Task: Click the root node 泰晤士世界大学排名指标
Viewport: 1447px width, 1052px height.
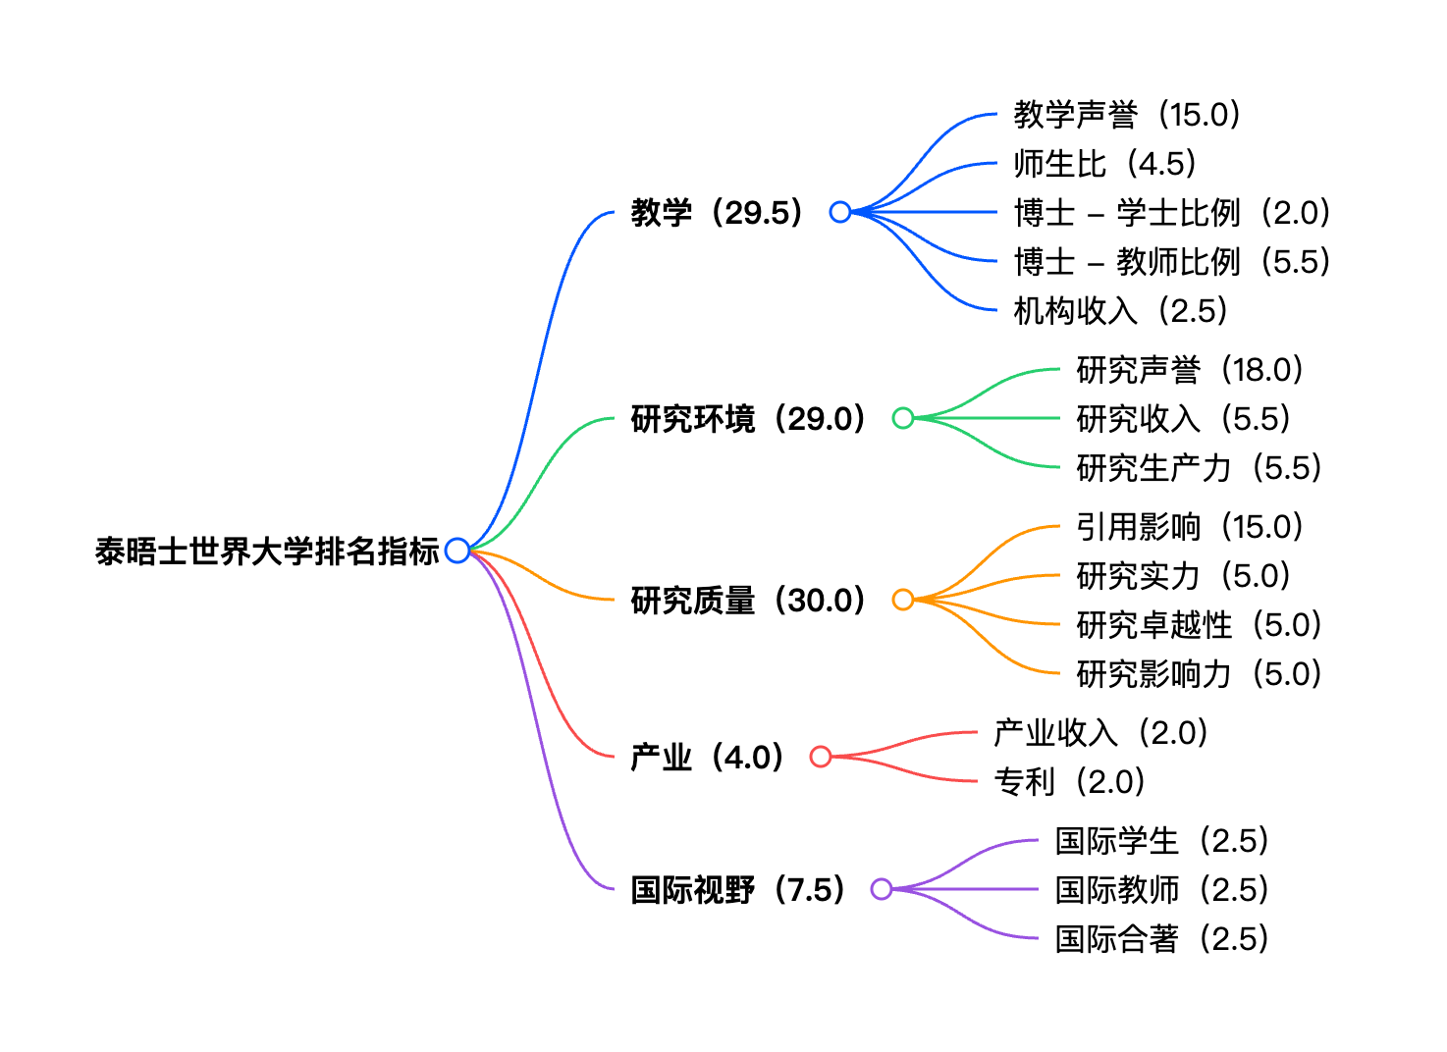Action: coord(267,552)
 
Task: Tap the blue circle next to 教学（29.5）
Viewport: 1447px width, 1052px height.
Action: coord(839,212)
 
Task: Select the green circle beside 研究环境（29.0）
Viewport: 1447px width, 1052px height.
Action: coord(902,418)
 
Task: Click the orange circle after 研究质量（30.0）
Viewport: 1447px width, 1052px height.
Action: coord(902,600)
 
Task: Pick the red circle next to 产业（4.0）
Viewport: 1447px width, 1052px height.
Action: coord(821,757)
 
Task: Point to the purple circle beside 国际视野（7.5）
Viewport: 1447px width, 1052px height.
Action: coord(882,889)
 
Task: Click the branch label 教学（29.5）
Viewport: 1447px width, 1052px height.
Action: coord(718,212)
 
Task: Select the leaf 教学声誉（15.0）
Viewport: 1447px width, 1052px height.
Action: coord(1127,115)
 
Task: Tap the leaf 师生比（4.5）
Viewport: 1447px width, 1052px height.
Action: coord(1105,164)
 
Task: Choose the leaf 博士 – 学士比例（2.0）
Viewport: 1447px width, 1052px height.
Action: coord(1172,213)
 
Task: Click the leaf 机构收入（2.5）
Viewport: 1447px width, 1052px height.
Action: coord(1121,311)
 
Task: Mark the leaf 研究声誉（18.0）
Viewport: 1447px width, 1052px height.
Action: coord(1190,370)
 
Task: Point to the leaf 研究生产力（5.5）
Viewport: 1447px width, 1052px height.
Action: coord(1199,468)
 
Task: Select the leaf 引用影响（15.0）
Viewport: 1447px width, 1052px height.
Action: coord(1190,527)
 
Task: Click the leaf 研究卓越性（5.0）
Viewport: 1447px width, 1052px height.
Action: coord(1199,625)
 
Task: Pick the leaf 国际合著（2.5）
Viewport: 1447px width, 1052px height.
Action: coord(1162,939)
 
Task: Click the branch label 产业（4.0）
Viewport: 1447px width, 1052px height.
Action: coord(708,757)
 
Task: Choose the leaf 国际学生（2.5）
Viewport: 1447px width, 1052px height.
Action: coord(1162,841)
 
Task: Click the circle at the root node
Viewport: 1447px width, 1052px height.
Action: coord(456,551)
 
